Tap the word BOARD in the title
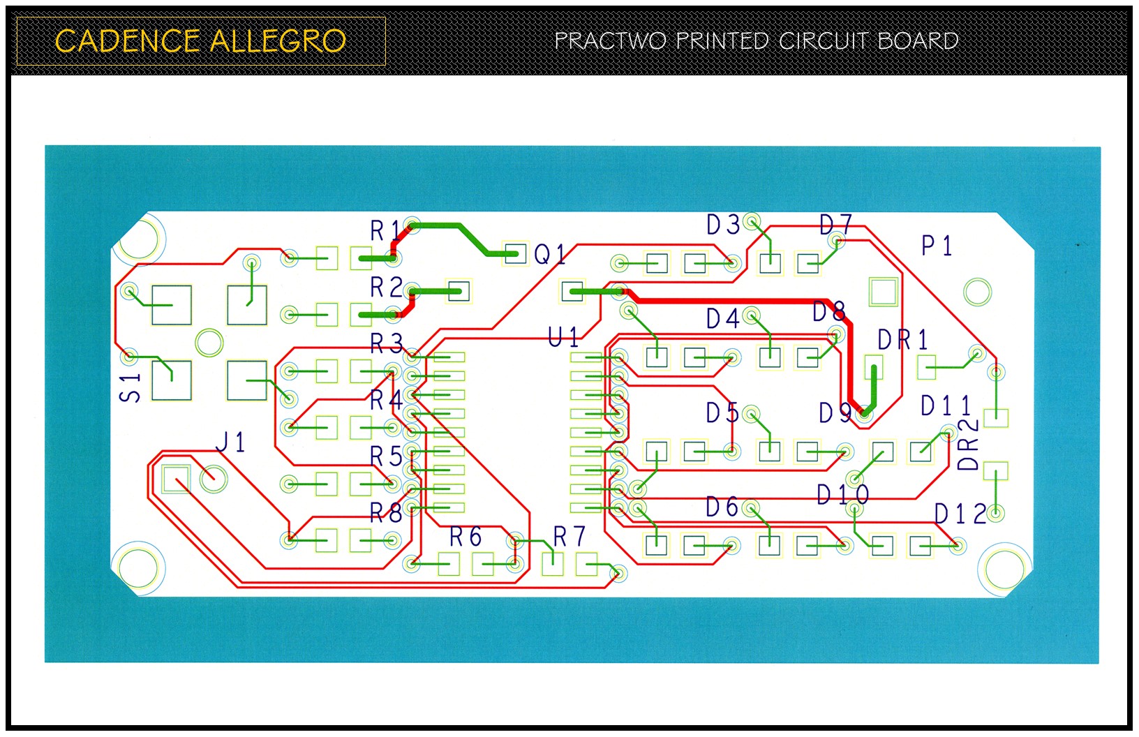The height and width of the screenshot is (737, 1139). tap(918, 40)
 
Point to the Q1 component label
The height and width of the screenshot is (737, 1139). tap(550, 255)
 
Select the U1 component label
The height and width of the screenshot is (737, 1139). tap(563, 338)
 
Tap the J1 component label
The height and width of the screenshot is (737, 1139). tap(230, 442)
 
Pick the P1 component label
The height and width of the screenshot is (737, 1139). tap(937, 246)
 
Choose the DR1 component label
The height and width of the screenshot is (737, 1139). tap(903, 340)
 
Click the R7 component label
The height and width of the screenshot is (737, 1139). tap(569, 537)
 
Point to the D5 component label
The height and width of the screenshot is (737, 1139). tap(722, 413)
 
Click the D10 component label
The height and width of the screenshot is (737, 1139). tap(843, 496)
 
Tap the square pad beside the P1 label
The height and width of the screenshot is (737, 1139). tap(883, 292)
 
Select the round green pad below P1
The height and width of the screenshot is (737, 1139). tap(977, 292)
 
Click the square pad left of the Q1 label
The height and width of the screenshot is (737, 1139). tap(515, 253)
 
